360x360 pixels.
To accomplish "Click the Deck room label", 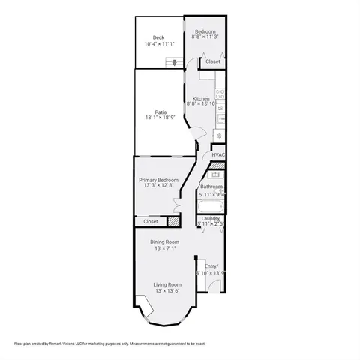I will (158, 37).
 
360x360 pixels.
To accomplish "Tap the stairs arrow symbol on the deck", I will (177, 63).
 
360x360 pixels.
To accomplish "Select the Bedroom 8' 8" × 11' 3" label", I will (205, 32).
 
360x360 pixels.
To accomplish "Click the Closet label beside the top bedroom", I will (213, 61).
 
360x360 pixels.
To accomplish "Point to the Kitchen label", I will (201, 99).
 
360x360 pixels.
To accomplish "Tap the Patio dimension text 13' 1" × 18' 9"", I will (162, 118).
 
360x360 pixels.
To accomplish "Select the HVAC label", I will (218, 155).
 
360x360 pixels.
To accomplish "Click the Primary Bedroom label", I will (158, 181).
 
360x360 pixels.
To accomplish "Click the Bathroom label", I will (211, 187).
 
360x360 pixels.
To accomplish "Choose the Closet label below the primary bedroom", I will (151, 222).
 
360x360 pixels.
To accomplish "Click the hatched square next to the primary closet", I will (174, 222).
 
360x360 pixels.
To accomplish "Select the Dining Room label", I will (164, 241).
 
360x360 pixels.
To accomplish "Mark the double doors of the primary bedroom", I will (177, 202).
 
